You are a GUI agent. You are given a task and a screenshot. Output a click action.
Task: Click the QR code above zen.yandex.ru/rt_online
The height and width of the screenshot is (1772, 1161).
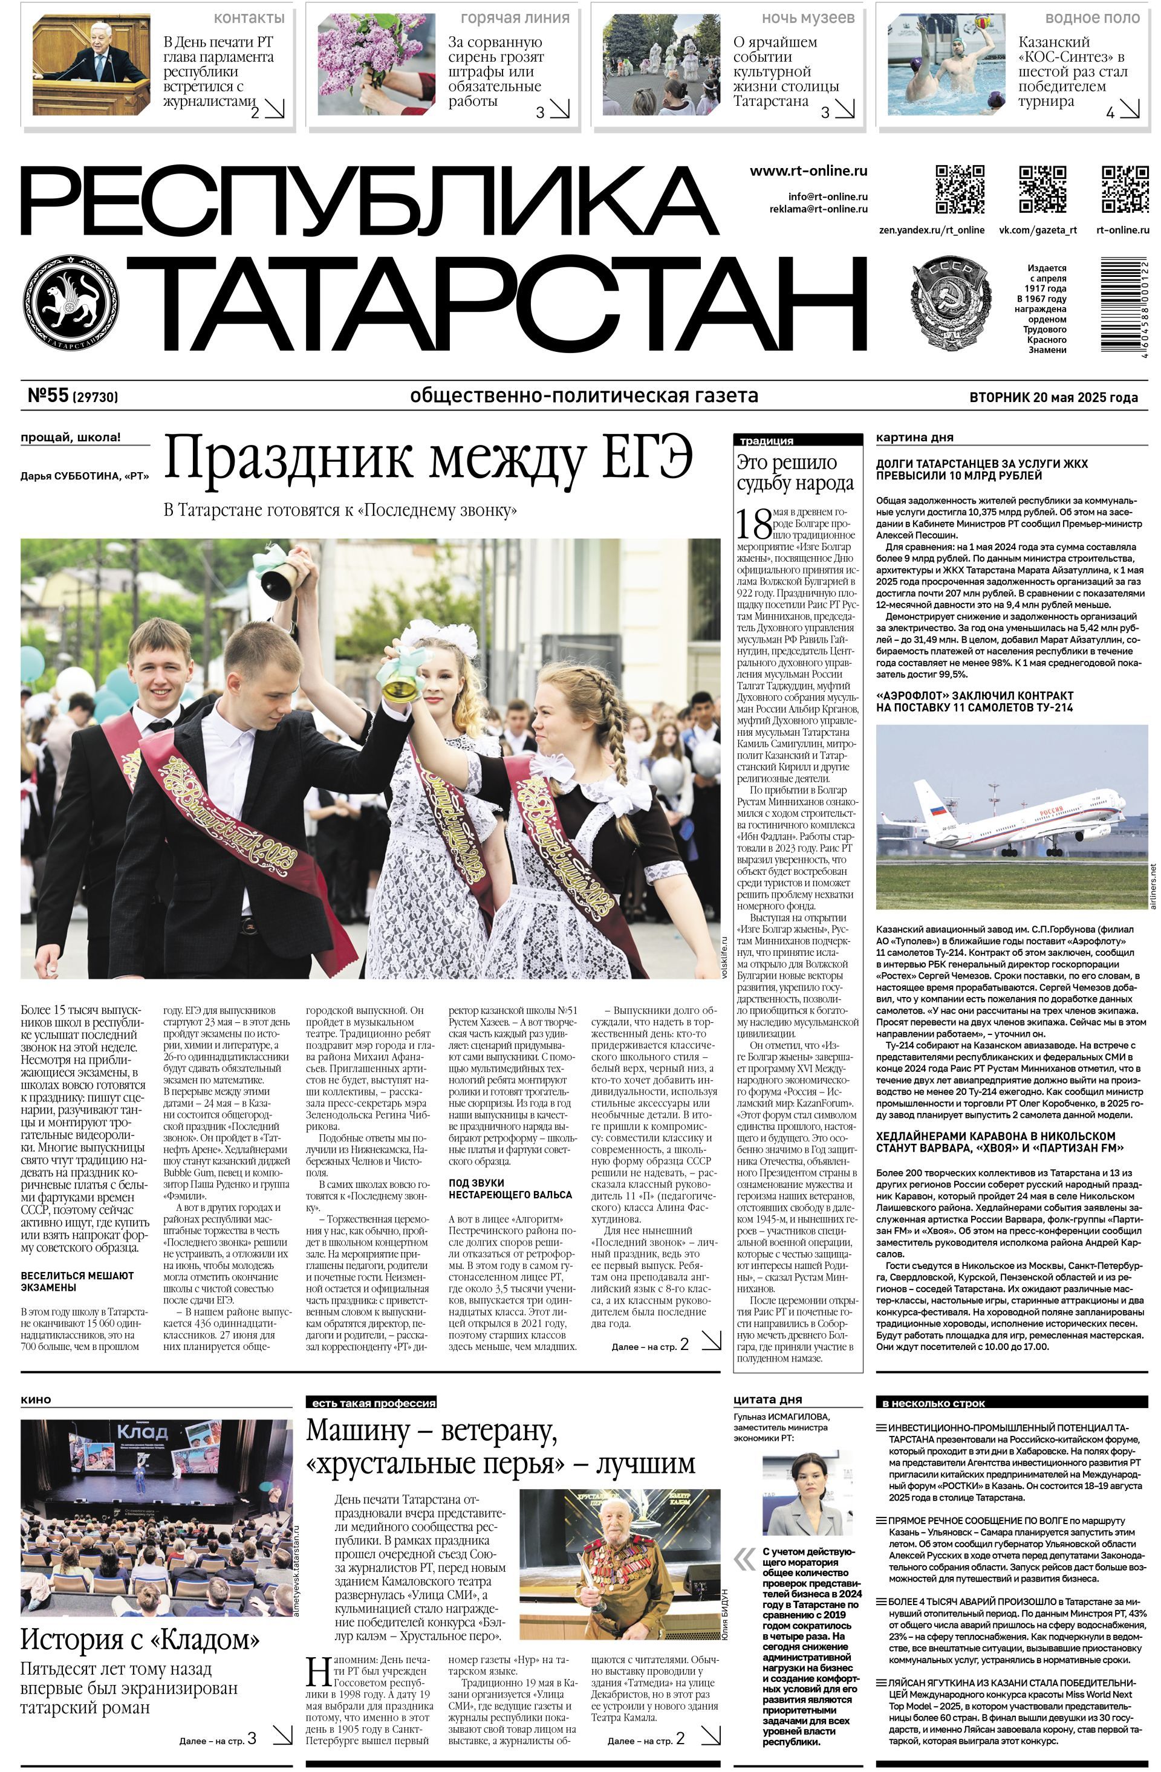click(x=959, y=189)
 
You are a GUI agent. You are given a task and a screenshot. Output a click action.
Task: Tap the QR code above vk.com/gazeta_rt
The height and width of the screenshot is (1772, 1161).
click(x=1042, y=189)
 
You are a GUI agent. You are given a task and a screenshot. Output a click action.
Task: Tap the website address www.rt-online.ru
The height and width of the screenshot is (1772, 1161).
click(x=808, y=171)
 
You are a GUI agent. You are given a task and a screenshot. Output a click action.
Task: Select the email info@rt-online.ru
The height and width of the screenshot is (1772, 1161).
click(x=827, y=197)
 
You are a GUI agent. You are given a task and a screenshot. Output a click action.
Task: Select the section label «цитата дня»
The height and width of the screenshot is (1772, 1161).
click(x=767, y=1399)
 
